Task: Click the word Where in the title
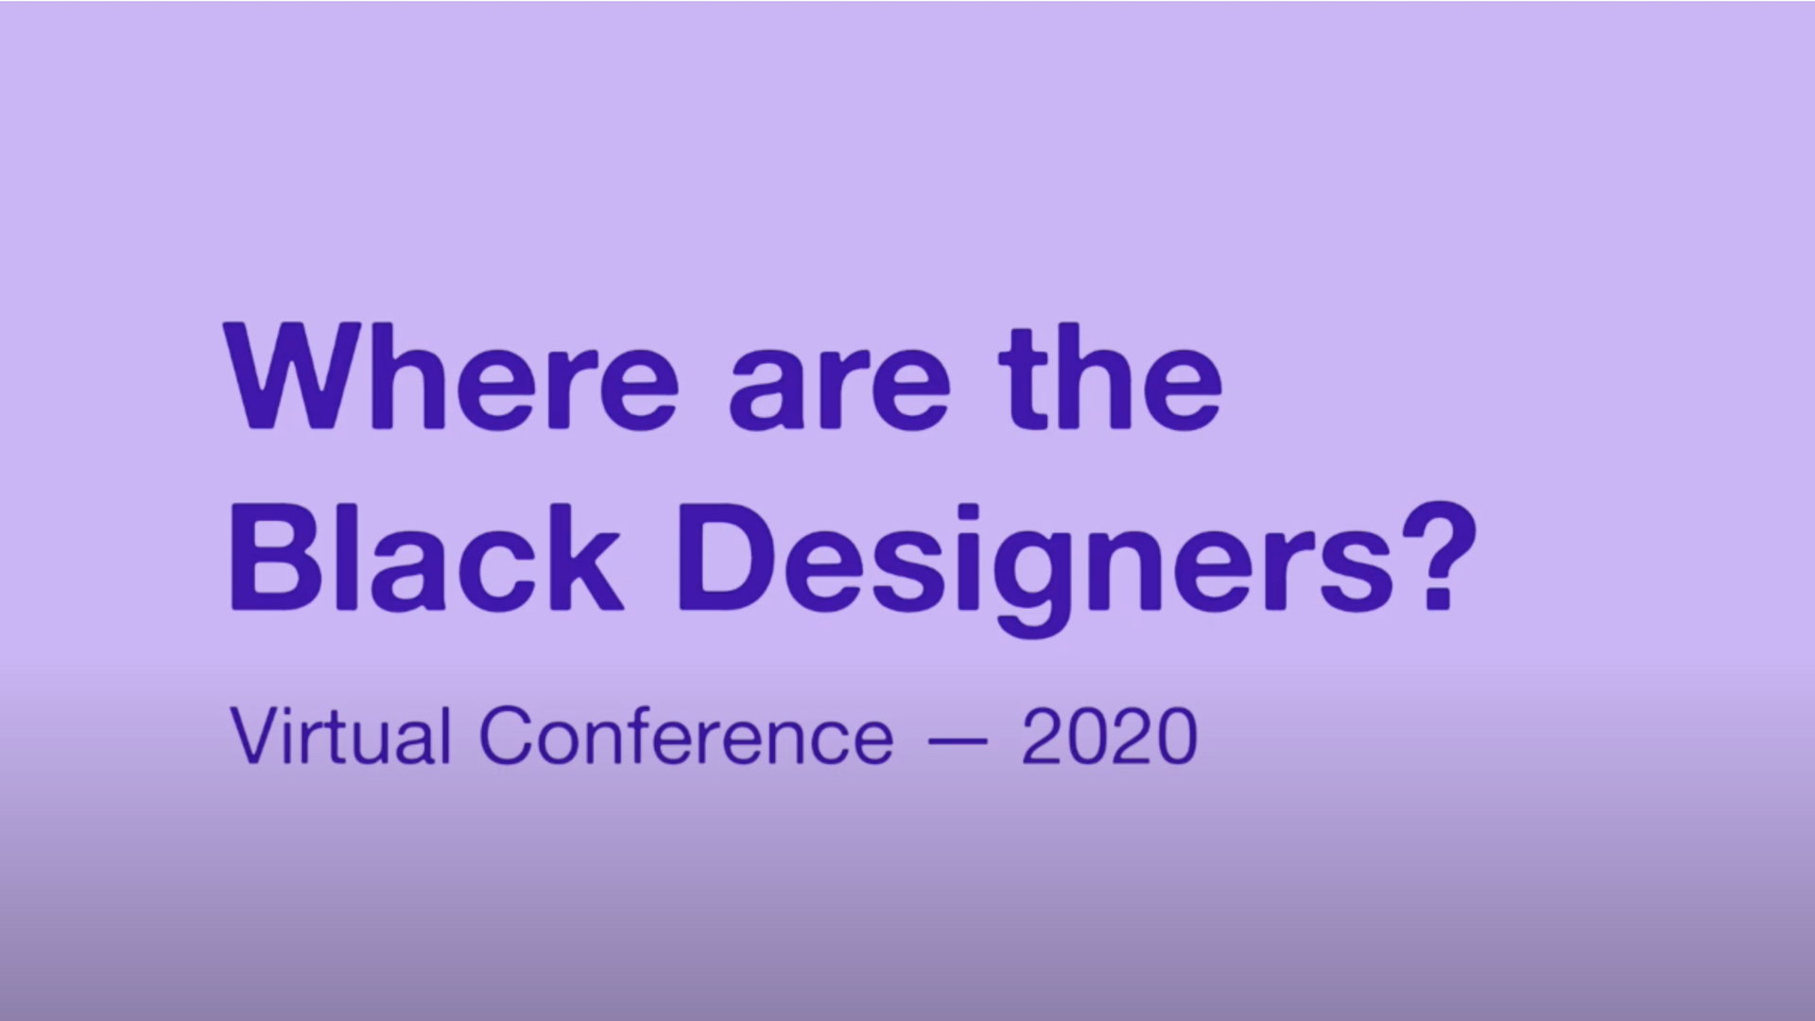451,377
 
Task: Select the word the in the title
1111,377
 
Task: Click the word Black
425,558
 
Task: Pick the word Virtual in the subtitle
340,735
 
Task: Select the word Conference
686,735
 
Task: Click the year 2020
1109,735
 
